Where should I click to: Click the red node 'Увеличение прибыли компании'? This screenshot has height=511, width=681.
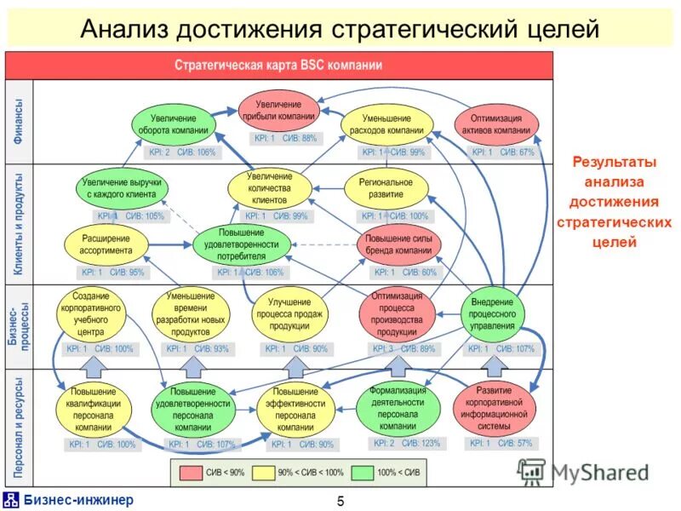tap(278, 109)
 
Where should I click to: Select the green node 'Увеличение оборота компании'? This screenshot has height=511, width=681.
tap(174, 124)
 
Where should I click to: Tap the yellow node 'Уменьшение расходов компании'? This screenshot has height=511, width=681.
tap(392, 124)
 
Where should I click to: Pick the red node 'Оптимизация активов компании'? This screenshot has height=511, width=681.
tap(496, 124)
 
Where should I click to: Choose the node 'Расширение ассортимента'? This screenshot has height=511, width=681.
tap(106, 244)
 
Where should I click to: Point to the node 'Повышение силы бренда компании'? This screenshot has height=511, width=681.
tap(399, 244)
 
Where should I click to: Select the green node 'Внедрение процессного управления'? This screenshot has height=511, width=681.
tap(492, 313)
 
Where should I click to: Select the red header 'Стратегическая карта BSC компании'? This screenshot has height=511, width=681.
tap(278, 65)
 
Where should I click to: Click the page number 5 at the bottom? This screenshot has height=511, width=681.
tap(340, 501)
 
